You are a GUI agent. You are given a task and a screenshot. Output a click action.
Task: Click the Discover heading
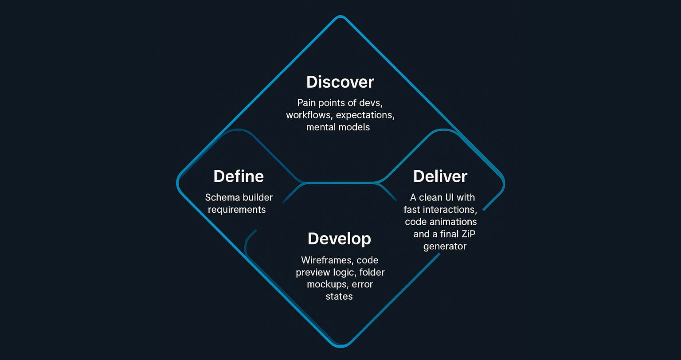(x=340, y=82)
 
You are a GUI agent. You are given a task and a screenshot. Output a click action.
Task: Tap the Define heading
(x=239, y=176)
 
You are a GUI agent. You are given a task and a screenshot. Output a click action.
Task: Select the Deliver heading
(x=440, y=176)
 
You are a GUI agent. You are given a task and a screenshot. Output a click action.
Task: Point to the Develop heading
(x=339, y=239)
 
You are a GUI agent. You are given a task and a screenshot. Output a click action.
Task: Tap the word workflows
(x=309, y=115)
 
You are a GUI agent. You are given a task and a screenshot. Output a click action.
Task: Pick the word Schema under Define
(x=221, y=197)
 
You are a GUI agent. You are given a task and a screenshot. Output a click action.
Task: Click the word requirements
(x=237, y=209)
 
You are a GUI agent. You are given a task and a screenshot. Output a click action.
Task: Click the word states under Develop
(x=339, y=296)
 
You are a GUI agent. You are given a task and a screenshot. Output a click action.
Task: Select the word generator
(x=445, y=246)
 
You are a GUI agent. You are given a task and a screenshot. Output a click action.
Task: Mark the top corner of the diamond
(x=340, y=17)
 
